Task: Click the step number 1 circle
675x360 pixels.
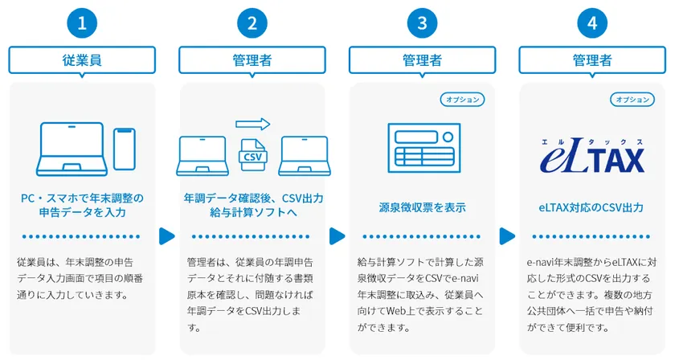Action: coord(82,22)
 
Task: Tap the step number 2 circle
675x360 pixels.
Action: coord(252,22)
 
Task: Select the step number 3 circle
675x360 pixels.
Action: coord(423,22)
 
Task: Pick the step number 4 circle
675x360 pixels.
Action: coord(592,22)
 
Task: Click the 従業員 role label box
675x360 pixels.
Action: coord(82,59)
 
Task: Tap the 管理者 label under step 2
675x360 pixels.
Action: coord(252,59)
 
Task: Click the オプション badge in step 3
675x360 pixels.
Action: coord(462,100)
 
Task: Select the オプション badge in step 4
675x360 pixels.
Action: coord(632,100)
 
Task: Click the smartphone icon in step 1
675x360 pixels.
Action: coord(125,149)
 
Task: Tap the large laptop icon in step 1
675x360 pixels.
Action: coord(72,149)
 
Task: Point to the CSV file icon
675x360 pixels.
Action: coord(252,155)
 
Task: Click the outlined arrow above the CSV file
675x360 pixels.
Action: coord(252,125)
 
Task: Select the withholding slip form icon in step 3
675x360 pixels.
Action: coord(424,148)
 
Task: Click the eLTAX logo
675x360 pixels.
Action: coord(592,155)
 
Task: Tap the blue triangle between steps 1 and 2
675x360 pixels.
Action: coord(167,236)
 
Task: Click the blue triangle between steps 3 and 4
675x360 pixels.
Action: coord(507,236)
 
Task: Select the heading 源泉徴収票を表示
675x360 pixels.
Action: coord(423,207)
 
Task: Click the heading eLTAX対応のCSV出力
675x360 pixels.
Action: coord(591,207)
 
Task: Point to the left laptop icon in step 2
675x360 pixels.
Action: coord(202,156)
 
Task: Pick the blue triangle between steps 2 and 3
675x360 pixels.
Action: coord(337,236)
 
